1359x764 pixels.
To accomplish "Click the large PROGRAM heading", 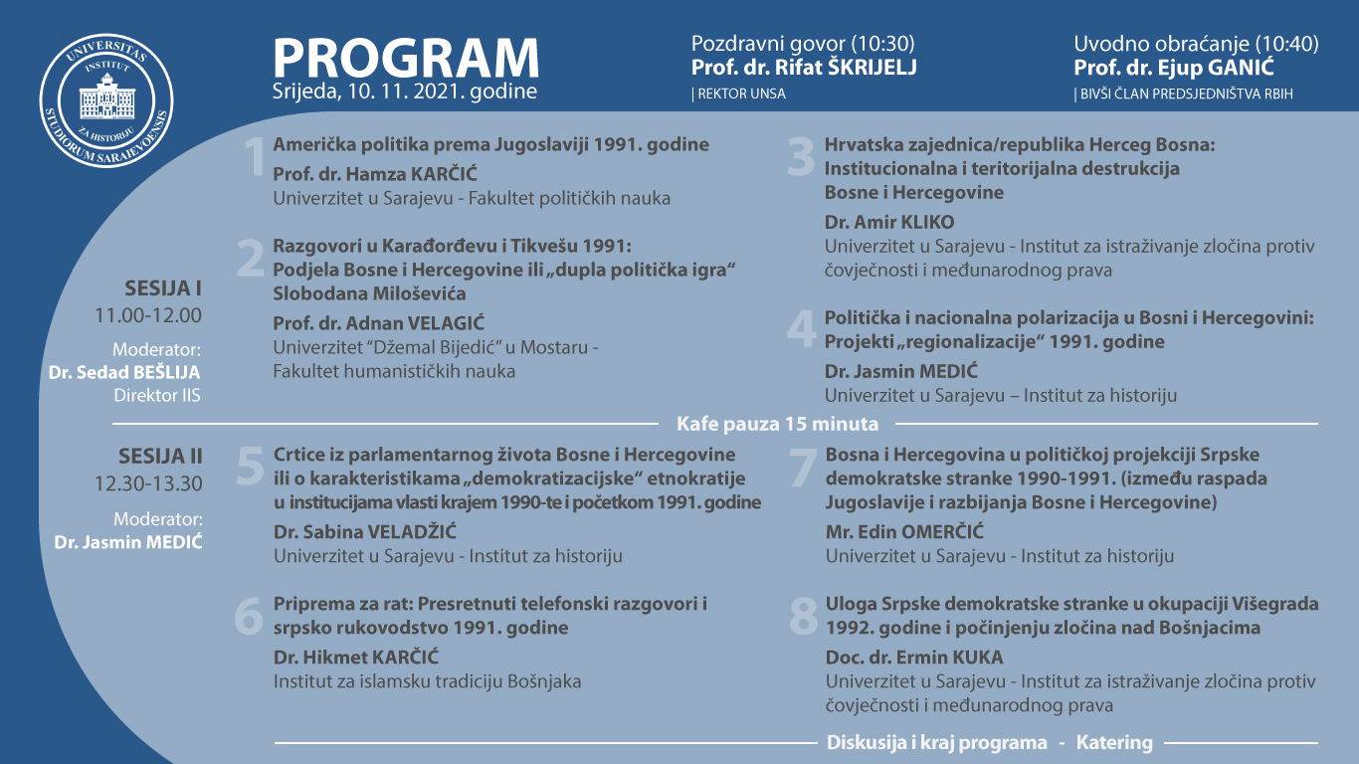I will pos(406,58).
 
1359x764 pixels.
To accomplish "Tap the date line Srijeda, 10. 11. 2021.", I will pos(405,93).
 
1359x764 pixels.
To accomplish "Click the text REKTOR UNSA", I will pos(740,95).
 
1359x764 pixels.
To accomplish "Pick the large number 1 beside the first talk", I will pos(255,157).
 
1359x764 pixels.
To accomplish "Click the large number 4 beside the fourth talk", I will pos(802,329).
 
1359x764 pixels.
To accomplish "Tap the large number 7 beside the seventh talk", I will pos(802,468).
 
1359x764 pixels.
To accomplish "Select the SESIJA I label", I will pos(163,289).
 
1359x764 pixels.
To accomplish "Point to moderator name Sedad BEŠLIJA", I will pos(125,372).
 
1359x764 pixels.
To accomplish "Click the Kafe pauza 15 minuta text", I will pos(778,424).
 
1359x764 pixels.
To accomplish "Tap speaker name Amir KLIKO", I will pos(888,222).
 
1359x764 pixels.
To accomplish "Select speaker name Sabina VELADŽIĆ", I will pos(365,532).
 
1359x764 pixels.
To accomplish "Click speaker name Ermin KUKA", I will pos(914,658).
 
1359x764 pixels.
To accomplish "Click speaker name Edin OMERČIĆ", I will pos(889,532).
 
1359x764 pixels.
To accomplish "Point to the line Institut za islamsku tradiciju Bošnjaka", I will pos(427,681).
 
